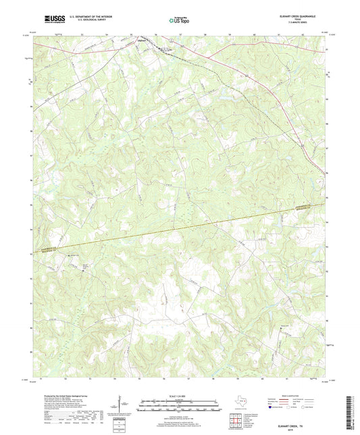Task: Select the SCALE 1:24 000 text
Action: (179, 396)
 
